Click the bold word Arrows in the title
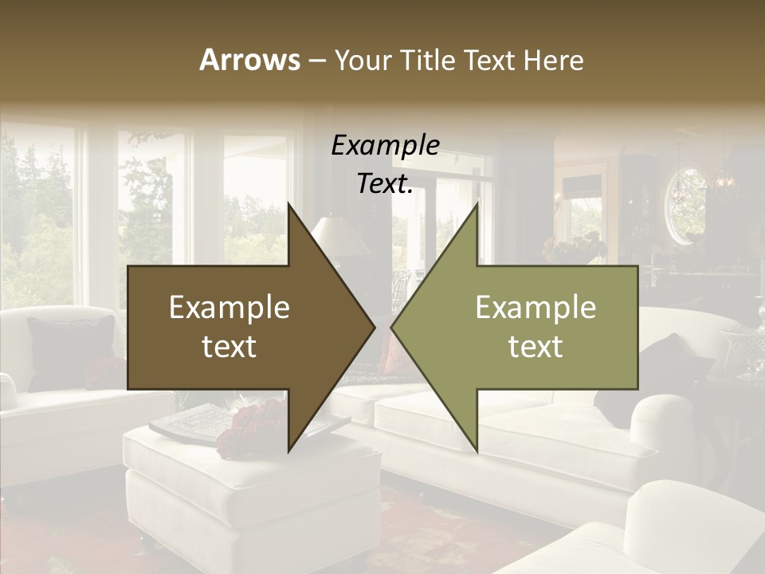249,60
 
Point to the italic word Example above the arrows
385,145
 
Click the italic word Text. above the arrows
385,184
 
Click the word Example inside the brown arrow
229,308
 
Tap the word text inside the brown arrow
229,346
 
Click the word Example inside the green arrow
535,308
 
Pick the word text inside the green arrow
535,346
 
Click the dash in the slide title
316,61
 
